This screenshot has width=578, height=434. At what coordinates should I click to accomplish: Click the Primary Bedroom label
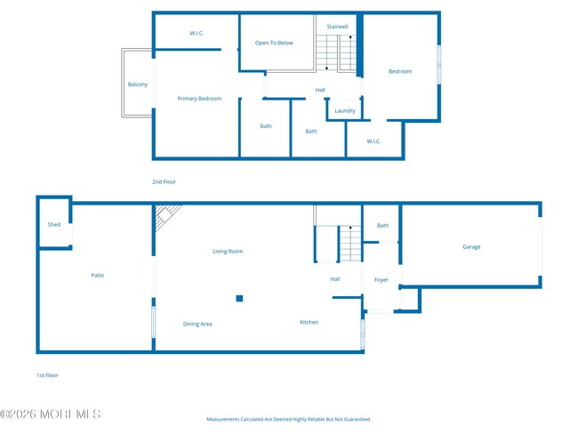[x=199, y=99]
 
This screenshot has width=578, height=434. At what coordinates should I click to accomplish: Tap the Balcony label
[x=137, y=84]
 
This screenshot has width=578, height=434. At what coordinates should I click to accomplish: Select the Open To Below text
[x=274, y=43]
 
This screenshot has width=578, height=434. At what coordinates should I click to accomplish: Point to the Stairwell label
[x=337, y=27]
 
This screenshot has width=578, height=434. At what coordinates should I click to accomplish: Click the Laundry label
[x=345, y=111]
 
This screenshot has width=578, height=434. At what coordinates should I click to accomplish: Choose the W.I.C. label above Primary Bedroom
[x=197, y=34]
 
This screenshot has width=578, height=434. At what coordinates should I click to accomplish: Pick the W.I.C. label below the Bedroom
[x=374, y=141]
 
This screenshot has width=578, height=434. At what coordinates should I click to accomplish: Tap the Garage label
[x=471, y=247]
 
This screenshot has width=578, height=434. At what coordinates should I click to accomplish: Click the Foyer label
[x=381, y=280]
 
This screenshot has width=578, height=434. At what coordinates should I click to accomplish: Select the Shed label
[x=54, y=225]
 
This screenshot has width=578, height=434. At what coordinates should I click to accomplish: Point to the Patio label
[x=98, y=276]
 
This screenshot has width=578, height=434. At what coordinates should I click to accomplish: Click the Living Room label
[x=228, y=252]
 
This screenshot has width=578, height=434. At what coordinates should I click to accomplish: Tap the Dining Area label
[x=197, y=324]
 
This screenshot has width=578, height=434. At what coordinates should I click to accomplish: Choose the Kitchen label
[x=309, y=322]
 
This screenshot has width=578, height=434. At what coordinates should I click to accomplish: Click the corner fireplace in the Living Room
[x=165, y=216]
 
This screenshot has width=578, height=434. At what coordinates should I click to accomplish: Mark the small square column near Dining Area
[x=239, y=299]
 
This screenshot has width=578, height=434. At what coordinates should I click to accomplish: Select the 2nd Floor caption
[x=164, y=181]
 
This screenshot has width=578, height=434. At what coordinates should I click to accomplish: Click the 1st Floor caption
[x=47, y=375]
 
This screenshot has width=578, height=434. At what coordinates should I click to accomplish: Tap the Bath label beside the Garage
[x=382, y=226]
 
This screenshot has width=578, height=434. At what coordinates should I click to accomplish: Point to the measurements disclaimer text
[x=288, y=419]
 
